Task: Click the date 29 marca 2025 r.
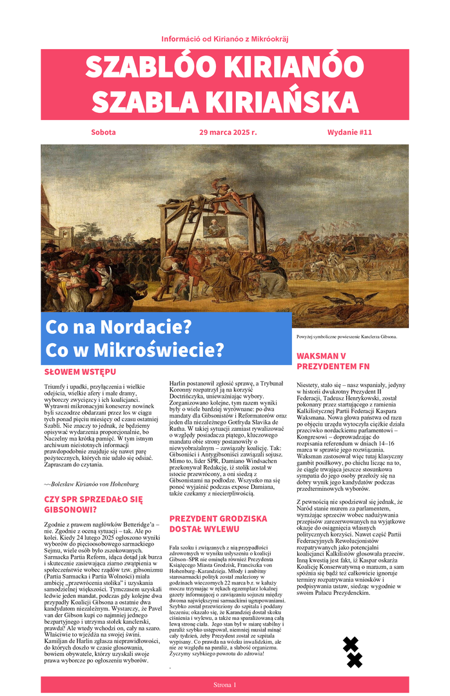click(x=228, y=132)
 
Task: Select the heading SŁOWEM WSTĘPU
click(x=80, y=372)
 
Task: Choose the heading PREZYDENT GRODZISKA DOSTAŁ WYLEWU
click(x=218, y=523)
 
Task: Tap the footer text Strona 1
click(x=225, y=684)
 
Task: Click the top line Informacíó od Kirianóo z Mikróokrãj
click(x=225, y=39)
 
